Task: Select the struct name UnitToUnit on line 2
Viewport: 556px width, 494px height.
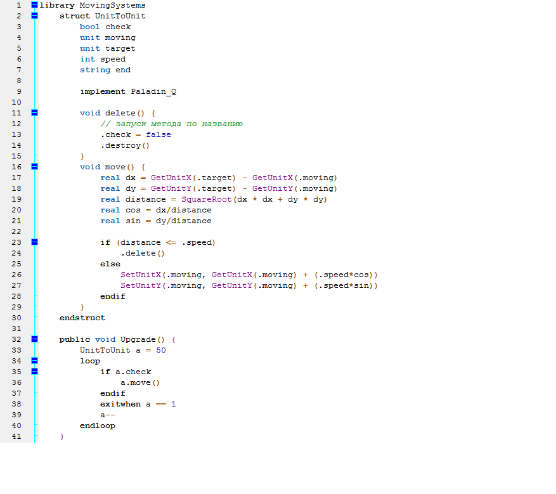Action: (x=120, y=16)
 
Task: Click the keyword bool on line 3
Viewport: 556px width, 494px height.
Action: (x=90, y=27)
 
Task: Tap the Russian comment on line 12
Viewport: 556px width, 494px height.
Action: (x=172, y=124)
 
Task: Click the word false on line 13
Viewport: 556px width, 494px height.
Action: (x=158, y=135)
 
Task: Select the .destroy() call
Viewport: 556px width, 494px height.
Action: (x=125, y=146)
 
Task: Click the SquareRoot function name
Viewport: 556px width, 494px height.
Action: (x=202, y=200)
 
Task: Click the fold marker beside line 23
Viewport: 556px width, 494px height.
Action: (x=34, y=242)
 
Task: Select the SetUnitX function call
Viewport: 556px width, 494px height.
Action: (x=141, y=275)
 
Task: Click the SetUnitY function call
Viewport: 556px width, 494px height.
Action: (x=141, y=286)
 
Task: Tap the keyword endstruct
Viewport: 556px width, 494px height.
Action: (x=82, y=318)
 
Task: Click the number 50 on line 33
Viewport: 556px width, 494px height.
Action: (x=161, y=350)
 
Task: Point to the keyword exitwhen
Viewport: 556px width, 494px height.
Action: (x=120, y=404)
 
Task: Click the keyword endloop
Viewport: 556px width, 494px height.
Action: (x=98, y=426)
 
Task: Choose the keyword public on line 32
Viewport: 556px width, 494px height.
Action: (x=75, y=339)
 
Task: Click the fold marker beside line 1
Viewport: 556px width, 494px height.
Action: (x=34, y=5)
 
